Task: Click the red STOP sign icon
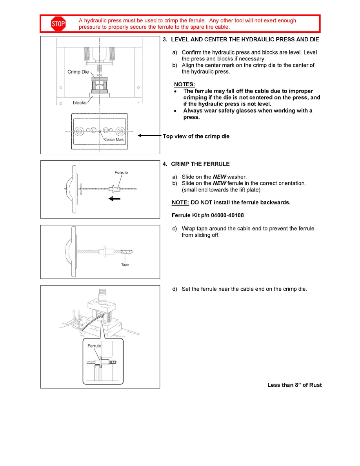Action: (x=58, y=24)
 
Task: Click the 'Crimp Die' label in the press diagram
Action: (x=78, y=72)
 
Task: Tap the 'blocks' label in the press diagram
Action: (x=80, y=103)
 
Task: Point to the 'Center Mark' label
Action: (x=114, y=140)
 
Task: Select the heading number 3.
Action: (x=165, y=40)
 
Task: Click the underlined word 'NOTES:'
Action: (x=184, y=84)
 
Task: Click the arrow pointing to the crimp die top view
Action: (x=149, y=136)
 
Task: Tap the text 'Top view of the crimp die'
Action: (x=196, y=137)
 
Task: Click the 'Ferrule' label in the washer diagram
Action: (x=121, y=173)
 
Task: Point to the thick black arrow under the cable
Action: (x=114, y=199)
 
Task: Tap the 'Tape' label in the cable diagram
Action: (x=125, y=265)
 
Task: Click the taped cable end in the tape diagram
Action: (x=127, y=251)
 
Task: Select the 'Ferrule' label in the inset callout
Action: (x=94, y=346)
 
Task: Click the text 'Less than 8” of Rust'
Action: (x=295, y=385)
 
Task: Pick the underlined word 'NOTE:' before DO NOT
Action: (x=180, y=202)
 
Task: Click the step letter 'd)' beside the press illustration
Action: (x=175, y=289)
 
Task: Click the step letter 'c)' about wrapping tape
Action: (x=175, y=229)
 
